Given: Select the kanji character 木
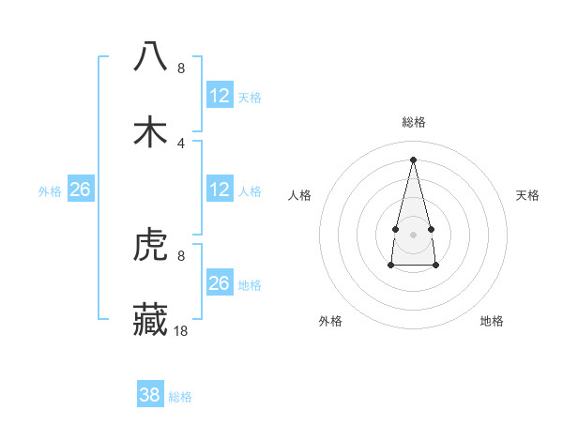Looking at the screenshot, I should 150,131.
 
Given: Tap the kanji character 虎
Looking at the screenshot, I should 150,246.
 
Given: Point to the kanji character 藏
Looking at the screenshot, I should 150,318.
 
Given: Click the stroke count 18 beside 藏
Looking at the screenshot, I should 182,330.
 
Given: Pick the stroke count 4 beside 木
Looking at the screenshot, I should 181,143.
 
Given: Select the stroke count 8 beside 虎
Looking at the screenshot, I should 181,255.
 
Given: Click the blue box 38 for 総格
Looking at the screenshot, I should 150,395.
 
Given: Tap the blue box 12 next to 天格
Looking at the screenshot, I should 220,96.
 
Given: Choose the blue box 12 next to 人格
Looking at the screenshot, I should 220,190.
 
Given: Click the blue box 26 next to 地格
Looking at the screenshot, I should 220,283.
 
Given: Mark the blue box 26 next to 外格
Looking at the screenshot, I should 81,190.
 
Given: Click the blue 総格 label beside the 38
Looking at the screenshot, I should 180,397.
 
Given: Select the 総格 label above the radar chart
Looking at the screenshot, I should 414,122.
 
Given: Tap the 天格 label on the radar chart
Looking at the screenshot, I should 527,195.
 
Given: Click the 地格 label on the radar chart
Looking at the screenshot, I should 492,321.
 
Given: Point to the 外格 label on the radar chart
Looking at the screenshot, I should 330,321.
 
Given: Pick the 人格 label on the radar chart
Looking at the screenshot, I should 299,195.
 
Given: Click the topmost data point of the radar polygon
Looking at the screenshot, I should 414,160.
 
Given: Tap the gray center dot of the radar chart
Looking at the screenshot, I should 414,234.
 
